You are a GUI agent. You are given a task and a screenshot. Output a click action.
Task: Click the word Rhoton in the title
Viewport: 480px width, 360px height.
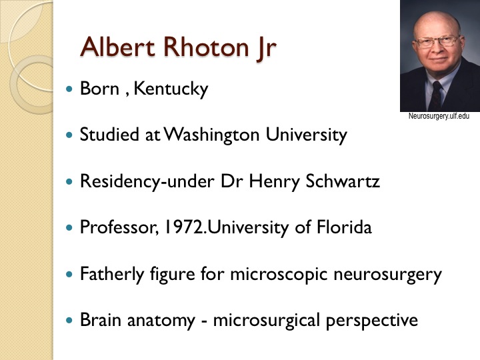[206, 47]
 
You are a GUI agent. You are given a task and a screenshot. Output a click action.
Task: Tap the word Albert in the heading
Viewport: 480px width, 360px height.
[117, 47]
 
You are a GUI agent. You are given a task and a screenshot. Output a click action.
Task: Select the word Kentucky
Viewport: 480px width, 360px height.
[171, 89]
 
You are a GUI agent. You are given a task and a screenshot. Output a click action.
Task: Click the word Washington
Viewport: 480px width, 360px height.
[212, 135]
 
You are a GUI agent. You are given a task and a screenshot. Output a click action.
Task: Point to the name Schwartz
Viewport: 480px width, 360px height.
[343, 181]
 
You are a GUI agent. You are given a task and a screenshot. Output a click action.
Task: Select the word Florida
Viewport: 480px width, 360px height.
[344, 227]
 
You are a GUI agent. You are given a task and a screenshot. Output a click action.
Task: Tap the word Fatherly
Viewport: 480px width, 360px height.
[112, 274]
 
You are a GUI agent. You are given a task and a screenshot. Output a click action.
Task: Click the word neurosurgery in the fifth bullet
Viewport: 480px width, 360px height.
[387, 274]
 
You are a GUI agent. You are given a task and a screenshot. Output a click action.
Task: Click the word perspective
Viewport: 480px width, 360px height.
[372, 321]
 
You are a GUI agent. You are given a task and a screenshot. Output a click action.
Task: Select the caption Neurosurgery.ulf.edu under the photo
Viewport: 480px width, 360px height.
[439, 116]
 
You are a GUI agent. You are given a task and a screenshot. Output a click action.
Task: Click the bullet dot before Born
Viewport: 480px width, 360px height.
[70, 89]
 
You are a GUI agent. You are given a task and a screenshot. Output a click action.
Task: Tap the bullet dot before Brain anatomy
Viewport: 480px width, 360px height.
[70, 320]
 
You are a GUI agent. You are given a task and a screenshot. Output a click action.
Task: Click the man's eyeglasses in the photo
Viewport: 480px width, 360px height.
[437, 41]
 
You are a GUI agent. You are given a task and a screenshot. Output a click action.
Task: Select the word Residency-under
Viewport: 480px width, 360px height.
[147, 181]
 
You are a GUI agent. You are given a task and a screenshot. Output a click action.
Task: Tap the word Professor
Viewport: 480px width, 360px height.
[119, 227]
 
